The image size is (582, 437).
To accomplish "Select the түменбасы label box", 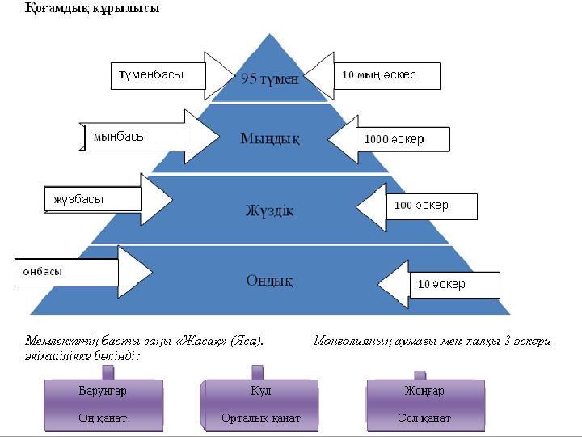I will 158,75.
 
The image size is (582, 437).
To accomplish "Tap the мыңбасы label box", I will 136,138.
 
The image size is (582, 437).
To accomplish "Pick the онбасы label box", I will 66,272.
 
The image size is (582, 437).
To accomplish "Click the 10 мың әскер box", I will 386,75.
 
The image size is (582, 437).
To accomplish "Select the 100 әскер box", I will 431,206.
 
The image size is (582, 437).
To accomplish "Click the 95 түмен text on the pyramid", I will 269,78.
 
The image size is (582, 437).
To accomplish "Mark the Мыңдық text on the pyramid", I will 270,138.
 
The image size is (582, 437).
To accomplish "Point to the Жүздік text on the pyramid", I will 269,210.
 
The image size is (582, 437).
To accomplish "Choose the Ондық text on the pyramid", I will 269,281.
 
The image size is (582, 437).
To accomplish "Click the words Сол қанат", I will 424,418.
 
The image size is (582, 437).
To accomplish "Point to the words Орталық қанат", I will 260,418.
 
